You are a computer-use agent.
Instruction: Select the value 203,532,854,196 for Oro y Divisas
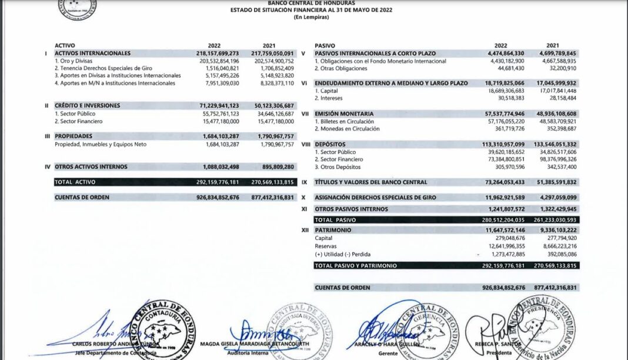[214, 61]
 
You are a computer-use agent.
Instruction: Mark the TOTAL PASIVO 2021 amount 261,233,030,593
[551, 220]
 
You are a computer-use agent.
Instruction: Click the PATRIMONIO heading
[333, 229]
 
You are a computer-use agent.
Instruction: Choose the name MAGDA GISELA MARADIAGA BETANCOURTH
[254, 344]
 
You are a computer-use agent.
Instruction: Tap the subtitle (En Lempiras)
[311, 17]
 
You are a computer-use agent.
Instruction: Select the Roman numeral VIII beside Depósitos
[305, 144]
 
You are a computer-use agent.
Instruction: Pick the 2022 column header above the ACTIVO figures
[214, 45]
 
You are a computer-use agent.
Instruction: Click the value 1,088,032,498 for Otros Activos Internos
[217, 167]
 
